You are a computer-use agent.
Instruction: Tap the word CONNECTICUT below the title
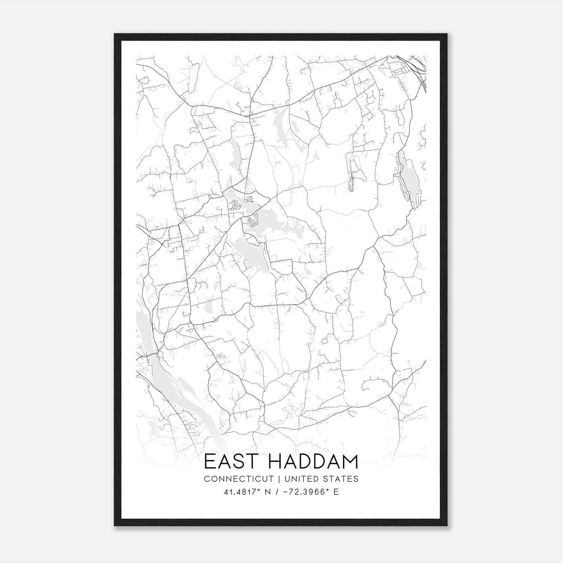coord(239,479)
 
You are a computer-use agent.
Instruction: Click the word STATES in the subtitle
coord(342,479)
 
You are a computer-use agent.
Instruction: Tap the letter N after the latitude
coord(268,492)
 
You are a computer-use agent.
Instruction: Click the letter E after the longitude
coord(336,492)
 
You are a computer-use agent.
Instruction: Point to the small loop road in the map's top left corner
coord(144,80)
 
